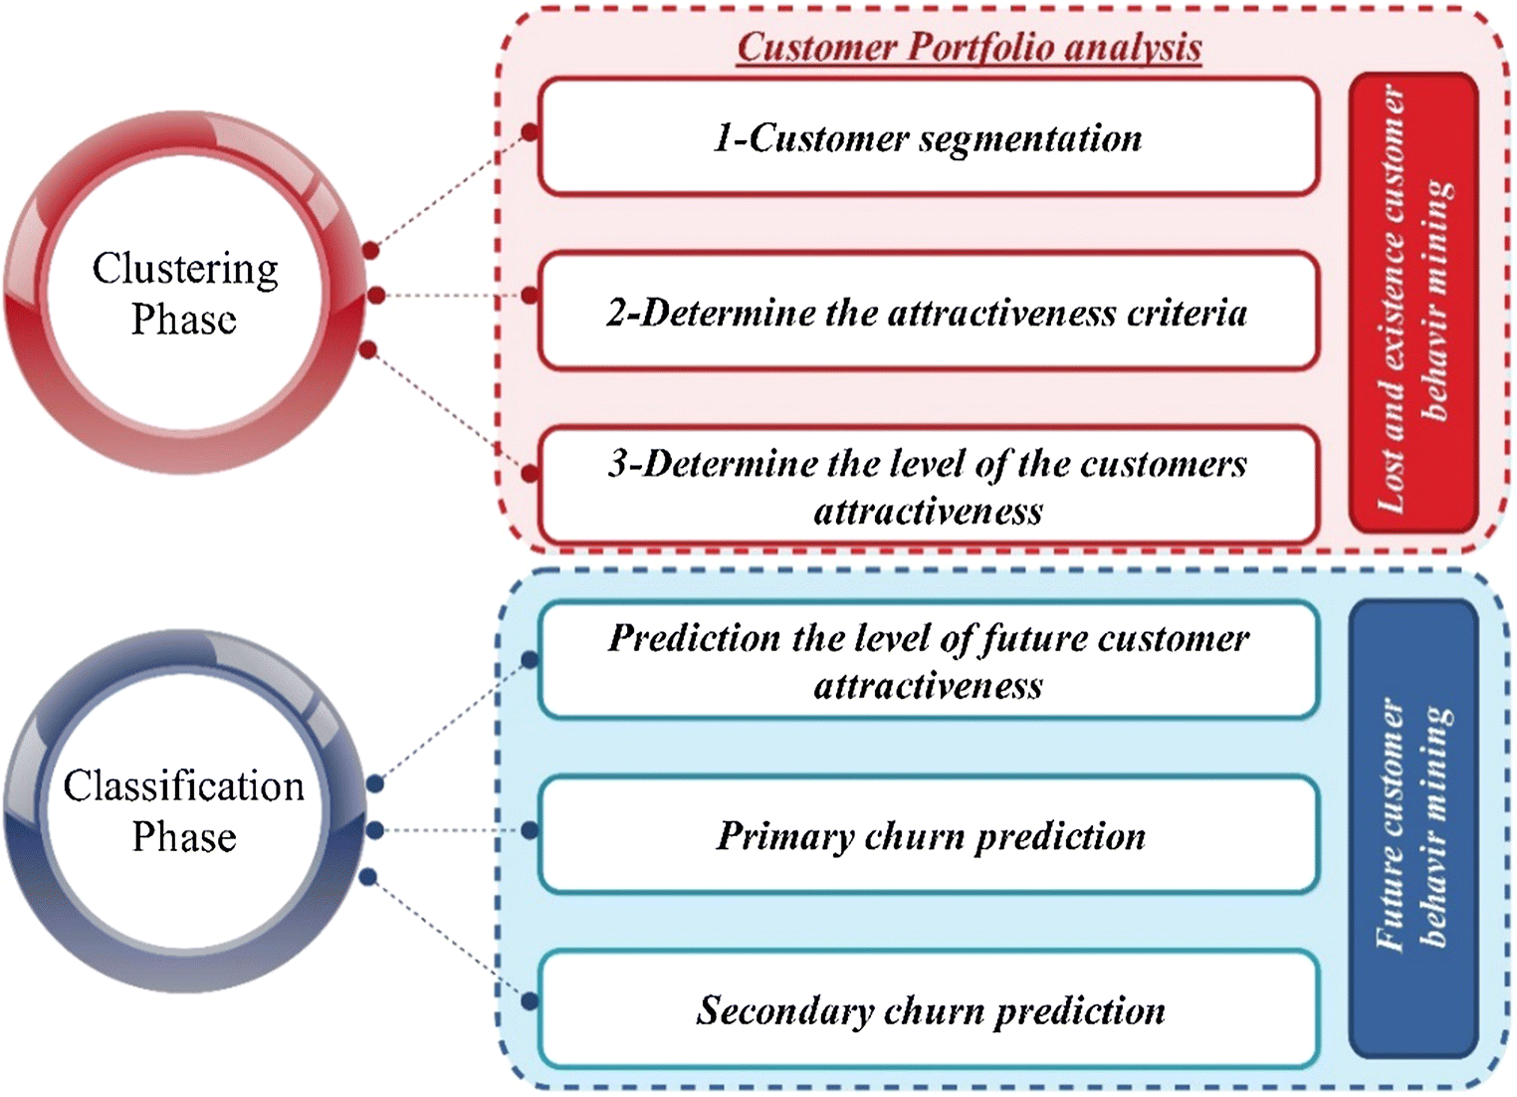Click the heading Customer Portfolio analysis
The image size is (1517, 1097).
(969, 48)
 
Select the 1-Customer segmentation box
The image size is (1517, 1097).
(928, 137)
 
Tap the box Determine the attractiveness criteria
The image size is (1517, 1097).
(928, 313)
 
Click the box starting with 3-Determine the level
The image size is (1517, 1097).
(928, 487)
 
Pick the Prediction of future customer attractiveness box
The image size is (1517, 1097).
(928, 661)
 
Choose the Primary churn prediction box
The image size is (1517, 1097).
(928, 835)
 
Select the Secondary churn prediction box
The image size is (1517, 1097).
(928, 1009)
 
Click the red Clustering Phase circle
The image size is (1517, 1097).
(184, 293)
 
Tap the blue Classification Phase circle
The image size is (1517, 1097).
(184, 810)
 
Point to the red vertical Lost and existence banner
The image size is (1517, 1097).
(1412, 302)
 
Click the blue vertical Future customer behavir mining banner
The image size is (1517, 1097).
(1412, 827)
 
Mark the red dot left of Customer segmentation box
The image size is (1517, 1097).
(531, 132)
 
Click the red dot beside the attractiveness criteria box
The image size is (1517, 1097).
(531, 296)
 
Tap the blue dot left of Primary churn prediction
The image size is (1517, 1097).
(531, 830)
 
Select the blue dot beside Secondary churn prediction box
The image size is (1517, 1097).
(531, 1001)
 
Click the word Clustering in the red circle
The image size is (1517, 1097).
(185, 269)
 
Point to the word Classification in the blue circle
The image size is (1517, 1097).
(184, 785)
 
